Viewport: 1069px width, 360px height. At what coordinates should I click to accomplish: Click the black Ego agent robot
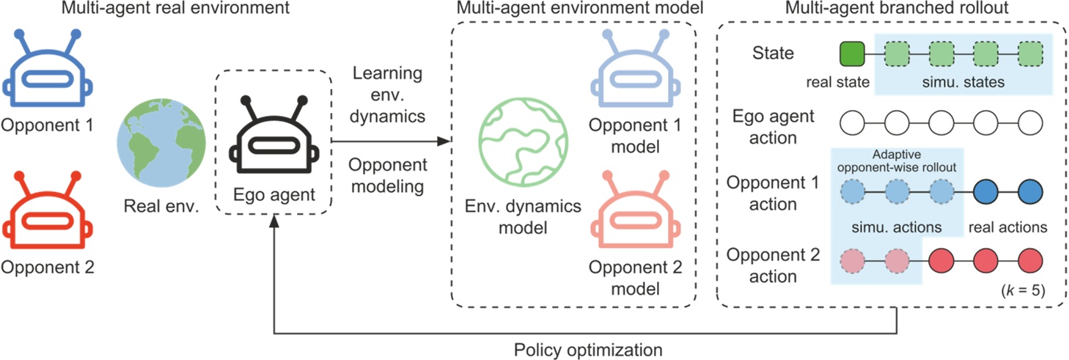coord(273,139)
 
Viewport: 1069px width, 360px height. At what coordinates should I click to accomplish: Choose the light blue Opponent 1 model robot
coord(635,71)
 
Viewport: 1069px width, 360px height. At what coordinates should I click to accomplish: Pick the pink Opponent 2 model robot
coord(635,210)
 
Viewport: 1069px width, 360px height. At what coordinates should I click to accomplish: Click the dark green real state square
coord(853,54)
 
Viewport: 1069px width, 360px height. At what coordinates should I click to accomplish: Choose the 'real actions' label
coord(1007,227)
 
